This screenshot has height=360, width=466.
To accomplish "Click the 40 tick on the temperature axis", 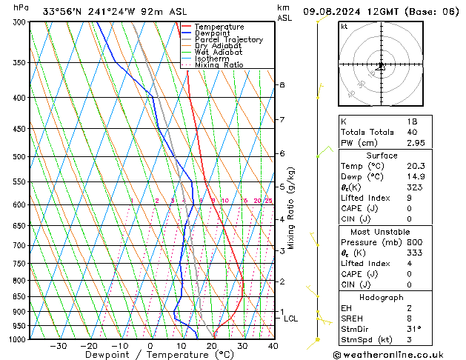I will point(273,346).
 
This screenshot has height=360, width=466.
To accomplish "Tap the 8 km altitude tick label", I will point(282,85).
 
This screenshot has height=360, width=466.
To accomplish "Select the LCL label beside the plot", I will point(290,319).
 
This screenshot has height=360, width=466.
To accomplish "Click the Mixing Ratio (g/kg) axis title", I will point(292,208).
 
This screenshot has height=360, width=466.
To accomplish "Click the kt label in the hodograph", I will point(344,26).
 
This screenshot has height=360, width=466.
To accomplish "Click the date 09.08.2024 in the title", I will point(333,11).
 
